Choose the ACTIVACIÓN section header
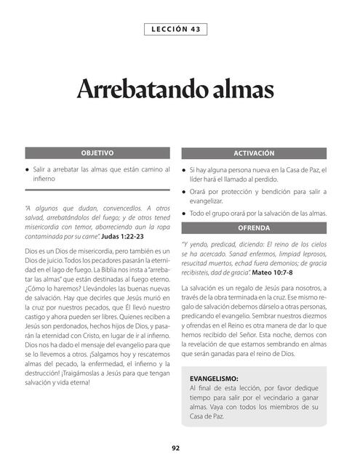pos(254,154)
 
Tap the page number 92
pos(175,448)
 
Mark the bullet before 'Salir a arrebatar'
pos(27,169)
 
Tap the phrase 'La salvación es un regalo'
pos(222,288)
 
